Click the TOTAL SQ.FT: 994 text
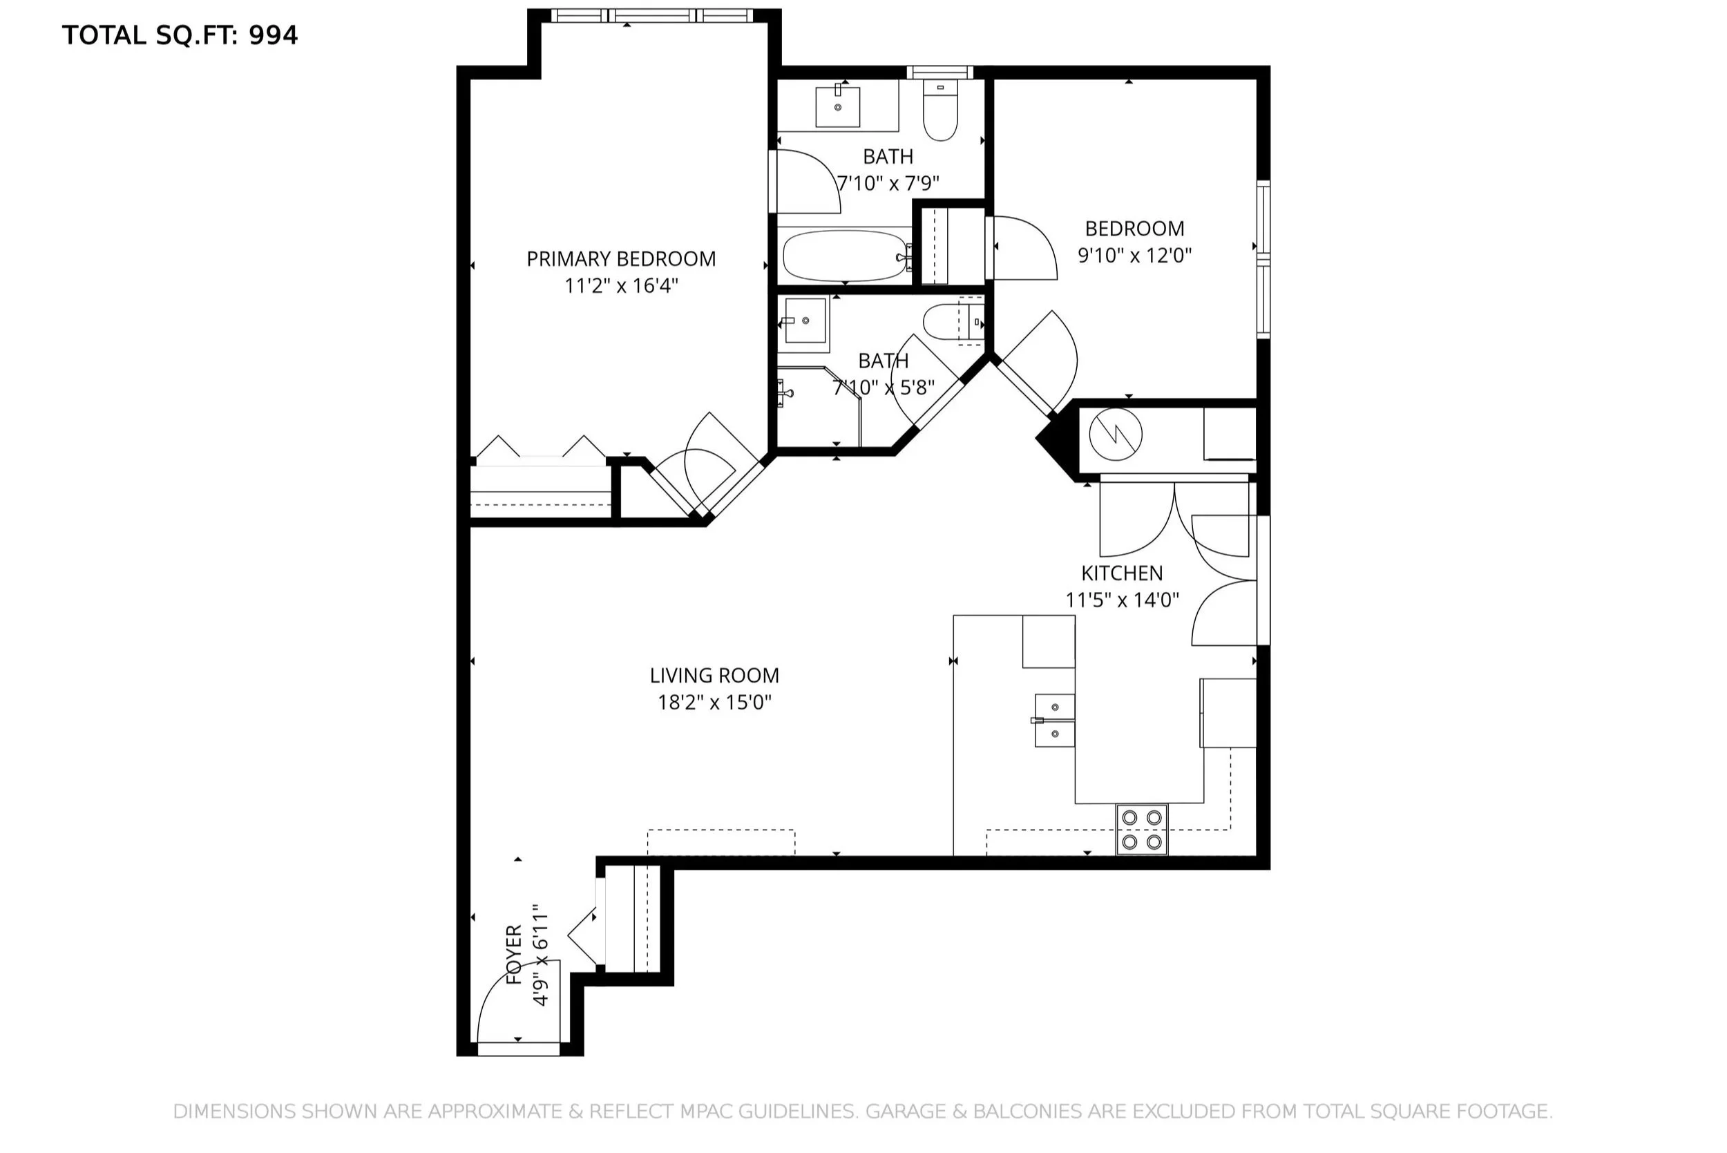(180, 35)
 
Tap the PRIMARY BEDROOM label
(621, 259)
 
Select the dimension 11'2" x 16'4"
(621, 285)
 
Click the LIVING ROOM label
(714, 675)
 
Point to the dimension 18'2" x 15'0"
(714, 703)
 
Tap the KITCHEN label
(1122, 573)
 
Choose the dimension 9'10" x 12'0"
(1134, 255)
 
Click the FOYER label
(514, 955)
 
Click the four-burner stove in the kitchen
(1142, 829)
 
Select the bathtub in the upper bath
(846, 256)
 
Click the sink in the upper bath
(837, 106)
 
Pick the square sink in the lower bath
(805, 321)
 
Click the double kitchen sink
(1054, 720)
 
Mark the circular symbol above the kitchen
(1116, 434)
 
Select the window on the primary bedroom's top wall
(651, 15)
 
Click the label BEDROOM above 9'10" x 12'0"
(1134, 229)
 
